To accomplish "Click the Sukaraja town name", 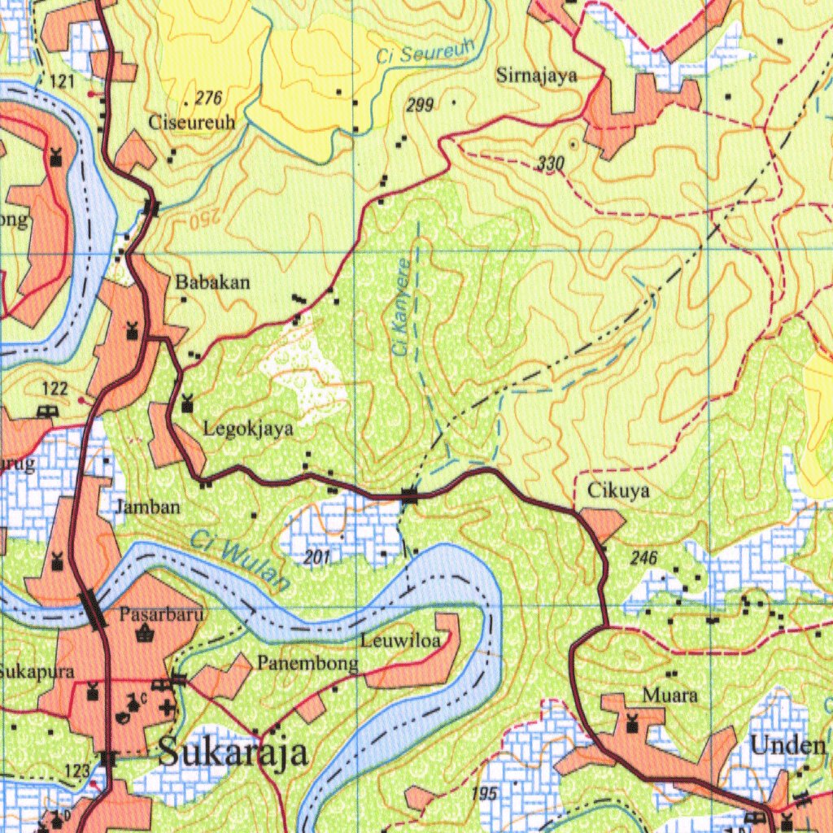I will point(233,752).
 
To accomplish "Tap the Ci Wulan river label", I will point(241,560).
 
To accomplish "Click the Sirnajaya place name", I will point(537,76).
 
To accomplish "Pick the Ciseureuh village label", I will point(192,122).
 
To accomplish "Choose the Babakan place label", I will point(213,283).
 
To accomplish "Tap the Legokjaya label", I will point(248,429).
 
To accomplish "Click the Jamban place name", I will point(147,507).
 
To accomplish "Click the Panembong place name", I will point(307,663).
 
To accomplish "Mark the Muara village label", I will point(669,696).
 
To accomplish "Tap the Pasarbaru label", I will point(160,614).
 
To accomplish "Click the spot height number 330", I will point(551,164).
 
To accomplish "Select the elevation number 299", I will point(420,104).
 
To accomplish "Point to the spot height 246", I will point(643,558).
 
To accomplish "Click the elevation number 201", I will point(317,557).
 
